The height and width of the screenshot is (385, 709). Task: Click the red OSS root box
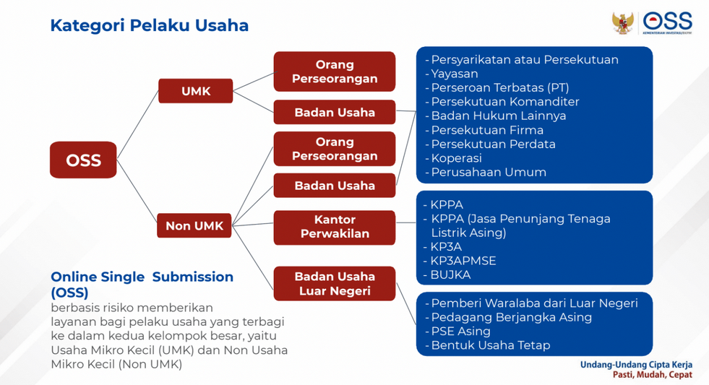[83, 160]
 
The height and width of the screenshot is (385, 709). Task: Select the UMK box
[195, 91]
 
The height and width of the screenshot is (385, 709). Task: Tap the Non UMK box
[194, 225]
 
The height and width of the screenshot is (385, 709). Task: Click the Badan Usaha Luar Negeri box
[335, 283]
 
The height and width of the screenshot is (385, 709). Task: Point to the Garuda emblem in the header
[623, 23]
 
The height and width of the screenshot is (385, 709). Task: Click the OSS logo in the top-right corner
[667, 22]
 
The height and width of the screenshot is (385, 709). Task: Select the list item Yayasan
[455, 74]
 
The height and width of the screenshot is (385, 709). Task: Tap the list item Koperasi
[456, 158]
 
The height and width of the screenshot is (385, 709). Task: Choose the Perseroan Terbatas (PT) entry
[499, 87]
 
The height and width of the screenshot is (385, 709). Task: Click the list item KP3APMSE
[463, 261]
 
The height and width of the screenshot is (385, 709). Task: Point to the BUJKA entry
[450, 274]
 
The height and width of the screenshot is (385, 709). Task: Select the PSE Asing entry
[461, 332]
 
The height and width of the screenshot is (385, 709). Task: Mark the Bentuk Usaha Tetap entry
[491, 345]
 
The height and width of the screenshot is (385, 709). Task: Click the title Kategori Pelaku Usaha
[149, 25]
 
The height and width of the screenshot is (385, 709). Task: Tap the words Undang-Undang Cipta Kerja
[636, 365]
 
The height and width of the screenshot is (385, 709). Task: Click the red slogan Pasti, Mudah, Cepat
[653, 375]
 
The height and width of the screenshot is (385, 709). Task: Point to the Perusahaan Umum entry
[489, 172]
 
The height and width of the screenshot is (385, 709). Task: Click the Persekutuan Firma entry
[487, 130]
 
